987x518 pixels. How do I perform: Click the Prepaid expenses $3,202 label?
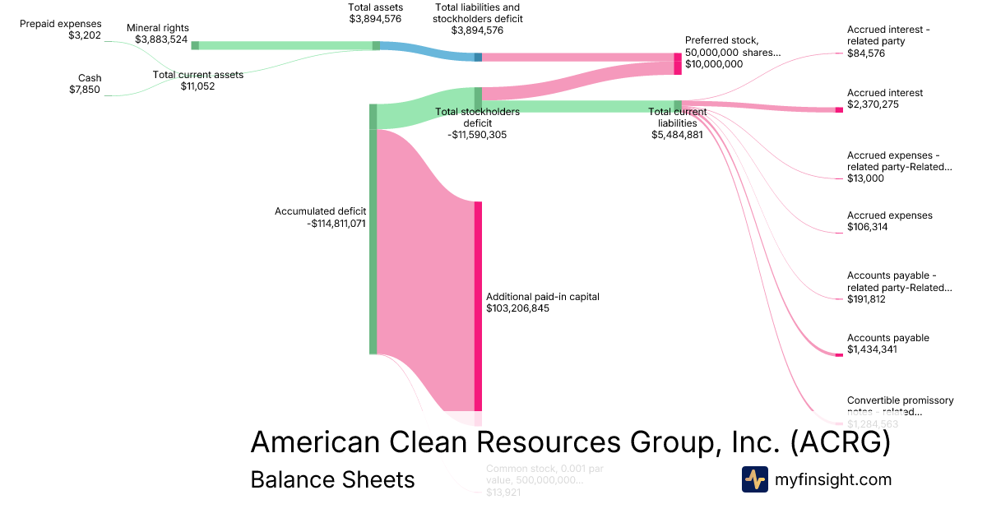pyautogui.click(x=61, y=30)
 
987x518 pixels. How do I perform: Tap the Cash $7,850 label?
pyautogui.click(x=85, y=84)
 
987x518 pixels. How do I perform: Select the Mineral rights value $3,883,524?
pyautogui.click(x=162, y=39)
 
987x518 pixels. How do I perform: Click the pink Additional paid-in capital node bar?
pyautogui.click(x=478, y=304)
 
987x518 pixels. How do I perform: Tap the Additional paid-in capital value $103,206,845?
pyautogui.click(x=517, y=309)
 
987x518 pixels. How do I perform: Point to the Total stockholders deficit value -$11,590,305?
pyautogui.click(x=466, y=135)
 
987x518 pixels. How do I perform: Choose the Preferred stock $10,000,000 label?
pyautogui.click(x=732, y=52)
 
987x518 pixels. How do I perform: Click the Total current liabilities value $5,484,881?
pyautogui.click(x=677, y=135)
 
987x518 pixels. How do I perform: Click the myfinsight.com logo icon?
pyautogui.click(x=754, y=479)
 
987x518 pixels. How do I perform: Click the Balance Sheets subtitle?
pyautogui.click(x=332, y=479)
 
